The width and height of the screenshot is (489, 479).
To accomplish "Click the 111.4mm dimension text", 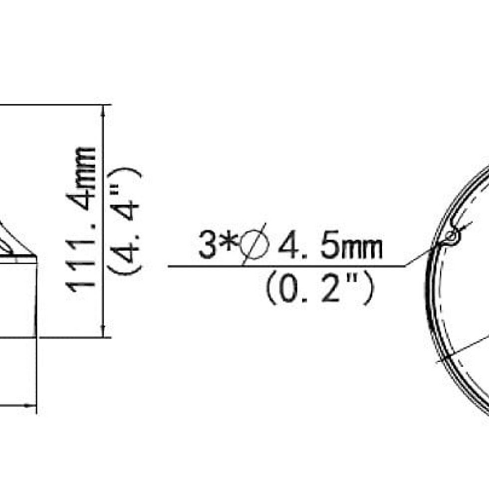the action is click(x=80, y=220).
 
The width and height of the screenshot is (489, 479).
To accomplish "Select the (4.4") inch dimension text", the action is click(x=124, y=222).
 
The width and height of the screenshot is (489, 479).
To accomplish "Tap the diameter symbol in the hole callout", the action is click(x=254, y=244).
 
